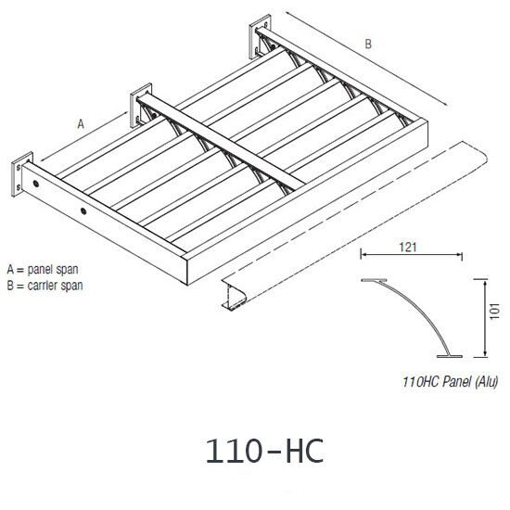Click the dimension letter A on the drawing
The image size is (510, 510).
tap(81, 121)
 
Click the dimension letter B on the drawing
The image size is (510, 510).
tap(368, 43)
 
